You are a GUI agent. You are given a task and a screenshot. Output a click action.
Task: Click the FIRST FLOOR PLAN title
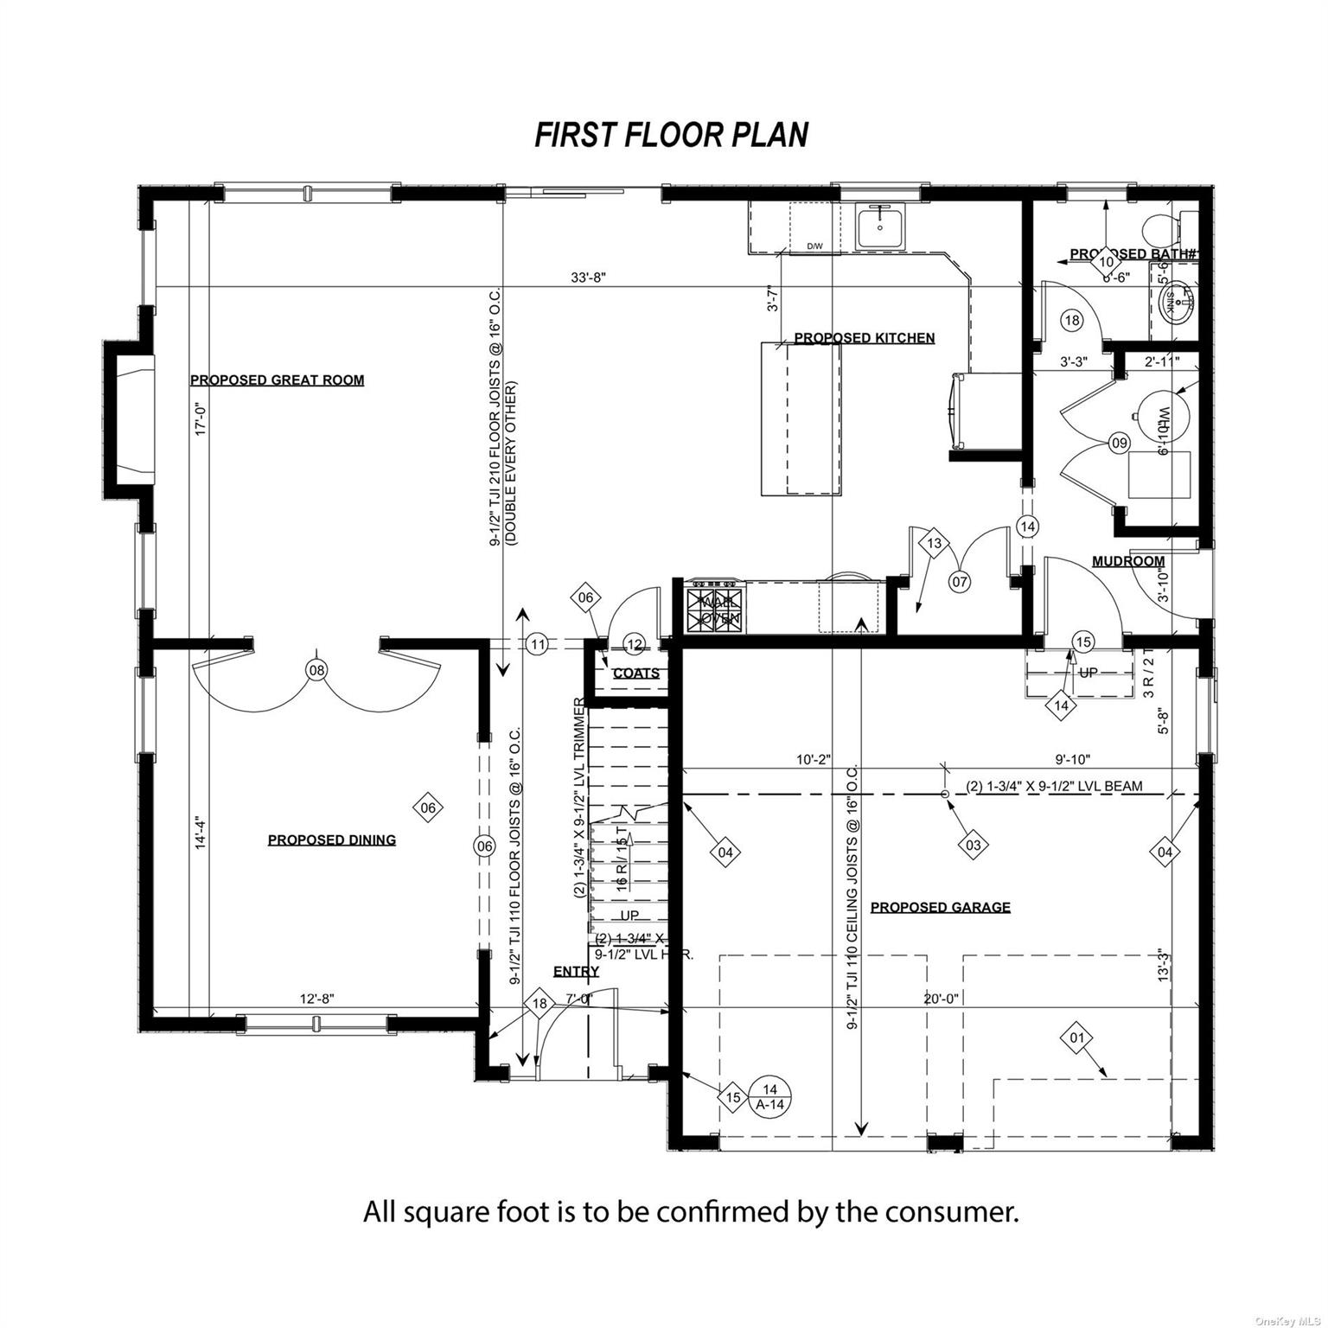(671, 135)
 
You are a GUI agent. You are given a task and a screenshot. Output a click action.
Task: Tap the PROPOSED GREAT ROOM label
(277, 380)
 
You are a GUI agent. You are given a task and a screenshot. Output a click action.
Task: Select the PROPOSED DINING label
(331, 840)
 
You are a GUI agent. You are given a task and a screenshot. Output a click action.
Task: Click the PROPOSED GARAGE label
(940, 907)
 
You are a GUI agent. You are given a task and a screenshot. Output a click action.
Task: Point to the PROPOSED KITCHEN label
(864, 338)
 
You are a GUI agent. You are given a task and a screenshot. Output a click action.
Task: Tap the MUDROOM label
(1127, 561)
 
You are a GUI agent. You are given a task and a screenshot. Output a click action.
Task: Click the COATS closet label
(635, 673)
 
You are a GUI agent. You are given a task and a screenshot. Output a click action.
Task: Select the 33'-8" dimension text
(589, 278)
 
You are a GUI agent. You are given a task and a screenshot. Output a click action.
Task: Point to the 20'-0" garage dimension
(941, 999)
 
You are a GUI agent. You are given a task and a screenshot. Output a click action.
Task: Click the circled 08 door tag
(317, 670)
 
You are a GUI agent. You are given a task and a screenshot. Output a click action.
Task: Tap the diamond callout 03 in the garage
(973, 845)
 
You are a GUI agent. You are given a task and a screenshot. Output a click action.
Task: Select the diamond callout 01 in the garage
(1076, 1037)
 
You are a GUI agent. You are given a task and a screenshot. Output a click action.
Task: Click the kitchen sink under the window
(879, 227)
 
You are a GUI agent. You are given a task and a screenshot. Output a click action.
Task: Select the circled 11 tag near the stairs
(537, 644)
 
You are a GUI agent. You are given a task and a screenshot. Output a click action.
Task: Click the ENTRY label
(576, 972)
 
